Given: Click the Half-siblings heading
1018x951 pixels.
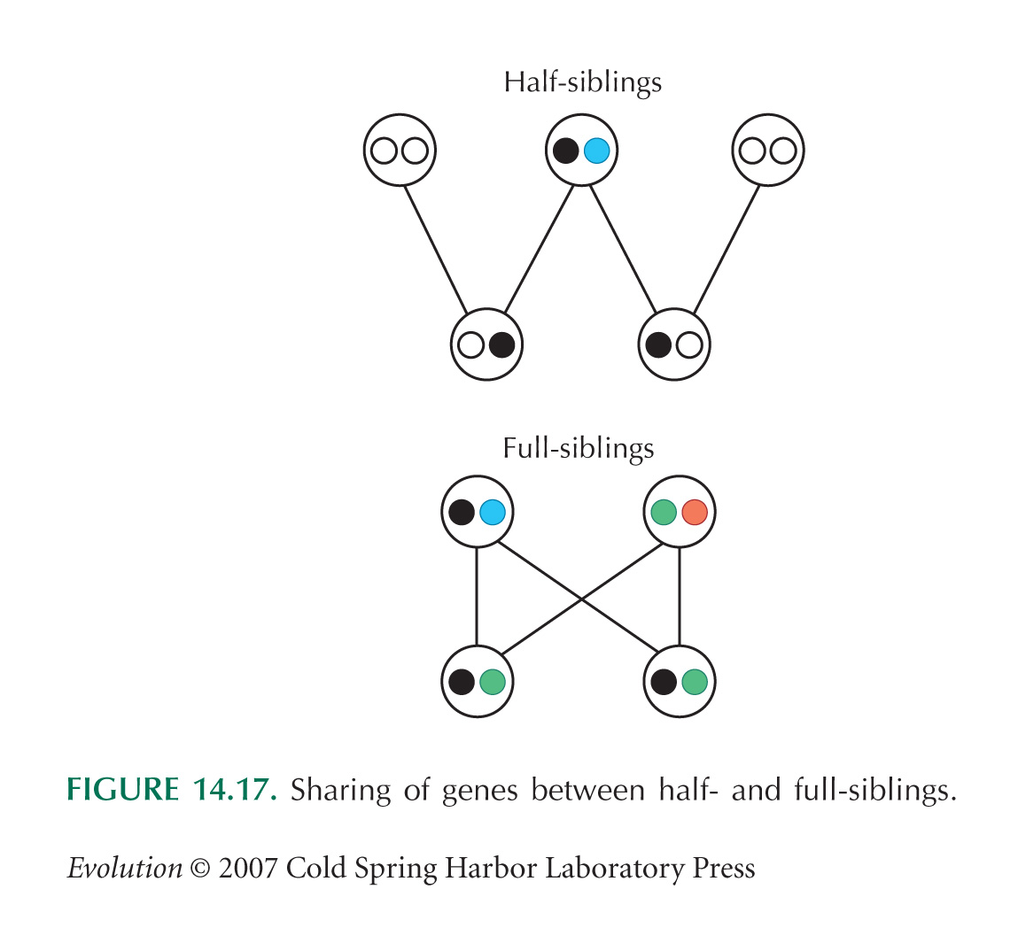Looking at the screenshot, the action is click(x=582, y=83).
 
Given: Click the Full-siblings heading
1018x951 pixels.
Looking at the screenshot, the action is click(x=579, y=449).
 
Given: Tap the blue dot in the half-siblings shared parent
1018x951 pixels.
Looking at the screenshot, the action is click(x=596, y=151).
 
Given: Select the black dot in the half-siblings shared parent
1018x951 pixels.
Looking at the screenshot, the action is click(x=565, y=151).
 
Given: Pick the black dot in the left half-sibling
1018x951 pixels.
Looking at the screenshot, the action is click(x=501, y=344).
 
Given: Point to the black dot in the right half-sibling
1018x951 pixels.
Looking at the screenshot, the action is click(x=658, y=344).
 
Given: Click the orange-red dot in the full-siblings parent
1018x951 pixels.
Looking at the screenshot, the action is click(x=695, y=512).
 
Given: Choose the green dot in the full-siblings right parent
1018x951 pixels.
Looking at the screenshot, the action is click(x=664, y=512).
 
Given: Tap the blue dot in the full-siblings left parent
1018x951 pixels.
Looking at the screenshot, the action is click(x=492, y=512).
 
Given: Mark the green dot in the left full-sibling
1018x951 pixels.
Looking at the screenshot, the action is click(x=492, y=682).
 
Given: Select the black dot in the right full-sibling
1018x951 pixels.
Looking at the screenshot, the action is click(x=664, y=682).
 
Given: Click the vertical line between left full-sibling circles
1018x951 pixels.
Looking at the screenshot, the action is click(x=478, y=597).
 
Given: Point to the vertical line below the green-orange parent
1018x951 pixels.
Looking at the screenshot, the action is click(x=679, y=597).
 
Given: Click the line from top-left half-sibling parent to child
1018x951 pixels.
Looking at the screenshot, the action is click(x=435, y=250).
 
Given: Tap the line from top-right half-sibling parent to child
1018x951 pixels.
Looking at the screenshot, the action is click(x=726, y=250).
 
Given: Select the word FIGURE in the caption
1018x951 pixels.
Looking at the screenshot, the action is click(x=122, y=790).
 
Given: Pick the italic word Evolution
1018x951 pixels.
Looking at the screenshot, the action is click(x=125, y=868).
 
